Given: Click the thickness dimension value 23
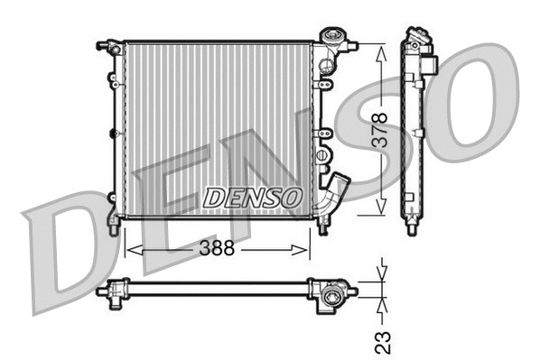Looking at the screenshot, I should (x=382, y=340).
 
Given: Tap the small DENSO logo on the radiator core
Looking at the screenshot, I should (x=252, y=197).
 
